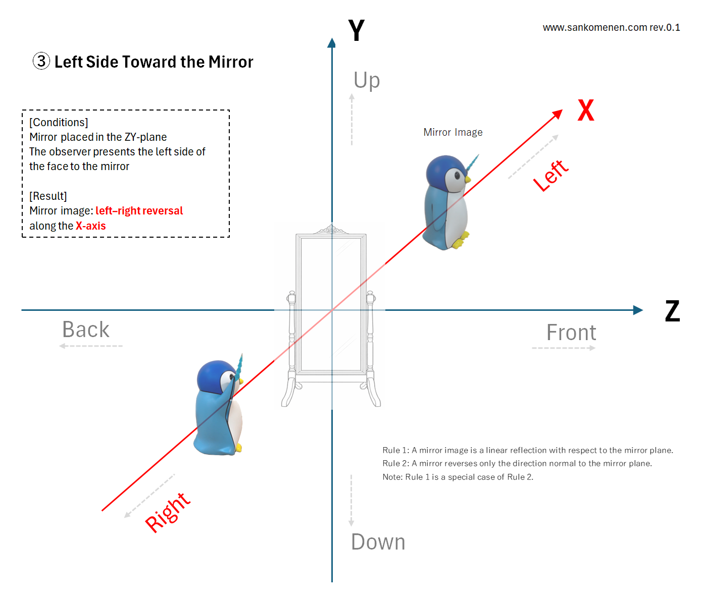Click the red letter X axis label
coord(586,110)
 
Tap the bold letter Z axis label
coord(672,311)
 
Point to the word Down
coord(378,542)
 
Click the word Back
coord(86,329)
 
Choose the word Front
coord(571,332)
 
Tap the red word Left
coord(551,175)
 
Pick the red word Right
coord(168,513)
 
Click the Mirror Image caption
coord(452,132)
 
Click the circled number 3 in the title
coord(41,61)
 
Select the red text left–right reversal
coord(139,210)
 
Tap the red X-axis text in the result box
coord(90,226)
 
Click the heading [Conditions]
coord(59,122)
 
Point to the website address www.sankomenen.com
coord(595,27)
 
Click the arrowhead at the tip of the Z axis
coord(638,310)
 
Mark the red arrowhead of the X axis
coord(558,114)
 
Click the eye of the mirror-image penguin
coord(457,176)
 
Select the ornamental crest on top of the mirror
coord(331,229)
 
